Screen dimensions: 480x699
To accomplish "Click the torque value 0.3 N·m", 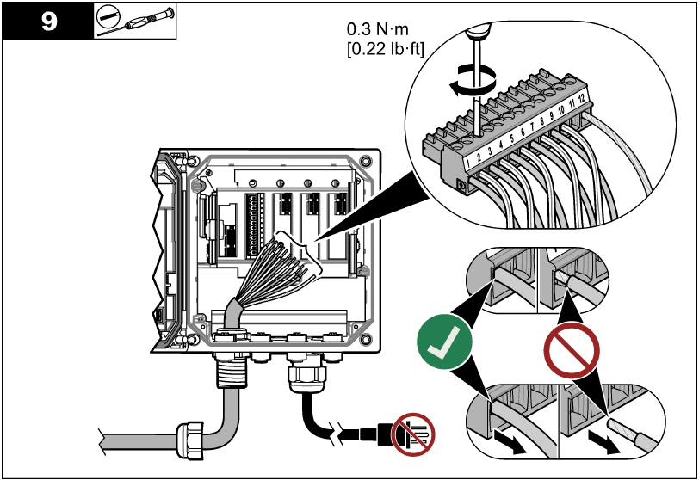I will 380,31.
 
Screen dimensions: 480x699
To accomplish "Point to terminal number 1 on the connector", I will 467,160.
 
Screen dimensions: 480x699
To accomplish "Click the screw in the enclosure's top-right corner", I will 367,161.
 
